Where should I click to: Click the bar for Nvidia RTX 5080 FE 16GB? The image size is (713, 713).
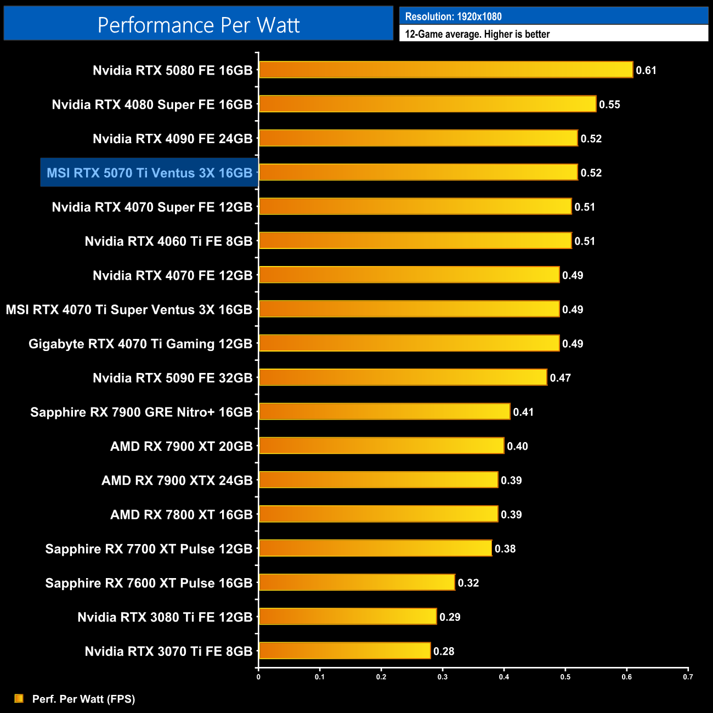[445, 70]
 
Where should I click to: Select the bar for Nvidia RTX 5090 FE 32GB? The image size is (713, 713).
[403, 377]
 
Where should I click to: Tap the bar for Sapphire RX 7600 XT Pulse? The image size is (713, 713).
[356, 582]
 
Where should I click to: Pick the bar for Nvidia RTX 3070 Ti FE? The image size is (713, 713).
[344, 651]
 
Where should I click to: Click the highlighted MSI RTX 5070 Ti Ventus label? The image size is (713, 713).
[149, 173]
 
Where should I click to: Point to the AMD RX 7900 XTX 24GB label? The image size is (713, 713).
[177, 480]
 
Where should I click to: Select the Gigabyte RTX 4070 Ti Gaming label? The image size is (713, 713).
[140, 344]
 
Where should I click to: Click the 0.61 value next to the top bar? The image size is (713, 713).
[646, 70]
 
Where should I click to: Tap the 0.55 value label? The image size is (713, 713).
[609, 105]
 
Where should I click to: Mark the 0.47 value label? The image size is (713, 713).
[560, 378]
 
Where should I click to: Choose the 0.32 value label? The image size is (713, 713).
[468, 583]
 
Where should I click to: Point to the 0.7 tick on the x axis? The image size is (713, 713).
[688, 677]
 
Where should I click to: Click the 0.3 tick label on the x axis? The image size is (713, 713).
[443, 677]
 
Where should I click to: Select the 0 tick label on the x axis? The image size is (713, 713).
[258, 677]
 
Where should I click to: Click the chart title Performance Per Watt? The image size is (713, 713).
[199, 25]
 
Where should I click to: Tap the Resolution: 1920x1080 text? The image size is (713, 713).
[453, 16]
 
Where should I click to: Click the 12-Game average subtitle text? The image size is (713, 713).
[477, 34]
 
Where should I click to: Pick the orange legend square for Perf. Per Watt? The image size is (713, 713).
[19, 698]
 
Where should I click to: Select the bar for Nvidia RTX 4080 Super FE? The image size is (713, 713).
[427, 104]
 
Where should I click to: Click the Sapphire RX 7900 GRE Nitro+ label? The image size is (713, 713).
[142, 412]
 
